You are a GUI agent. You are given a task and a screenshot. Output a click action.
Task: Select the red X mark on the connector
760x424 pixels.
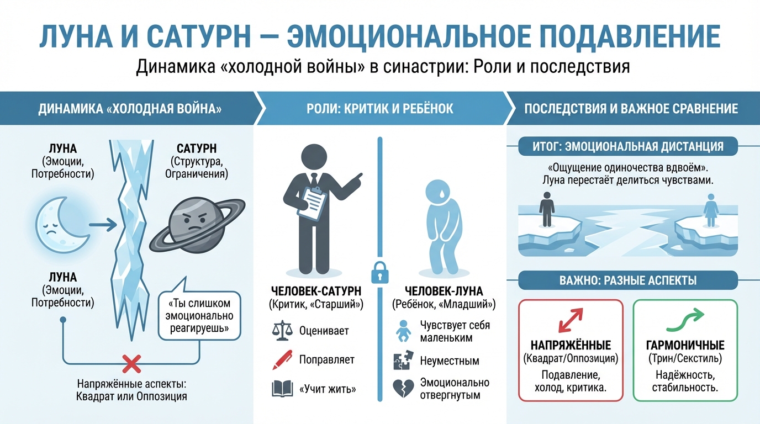[x=131, y=363]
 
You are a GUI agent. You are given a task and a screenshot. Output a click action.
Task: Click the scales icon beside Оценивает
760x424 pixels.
[x=282, y=331]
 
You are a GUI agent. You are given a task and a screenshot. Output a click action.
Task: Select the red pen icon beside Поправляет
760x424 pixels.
[x=282, y=360]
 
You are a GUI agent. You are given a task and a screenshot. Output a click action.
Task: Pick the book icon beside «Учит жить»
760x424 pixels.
[x=282, y=389]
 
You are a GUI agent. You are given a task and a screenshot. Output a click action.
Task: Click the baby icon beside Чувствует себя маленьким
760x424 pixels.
[x=404, y=331]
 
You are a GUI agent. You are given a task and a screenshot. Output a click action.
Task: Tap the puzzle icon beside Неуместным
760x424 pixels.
[x=404, y=361]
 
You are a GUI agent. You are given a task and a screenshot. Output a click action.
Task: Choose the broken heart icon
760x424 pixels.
[x=404, y=389]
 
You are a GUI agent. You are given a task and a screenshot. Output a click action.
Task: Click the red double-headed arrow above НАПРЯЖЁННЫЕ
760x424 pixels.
[x=570, y=320]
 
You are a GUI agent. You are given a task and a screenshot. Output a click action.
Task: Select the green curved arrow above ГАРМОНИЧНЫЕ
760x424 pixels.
[x=685, y=319]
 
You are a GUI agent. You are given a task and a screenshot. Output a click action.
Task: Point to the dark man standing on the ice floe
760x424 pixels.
[x=547, y=209]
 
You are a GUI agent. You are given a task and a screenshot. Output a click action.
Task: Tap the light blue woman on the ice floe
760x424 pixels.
[x=709, y=212]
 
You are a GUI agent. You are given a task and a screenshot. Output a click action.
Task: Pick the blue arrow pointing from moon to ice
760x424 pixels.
[x=103, y=224]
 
